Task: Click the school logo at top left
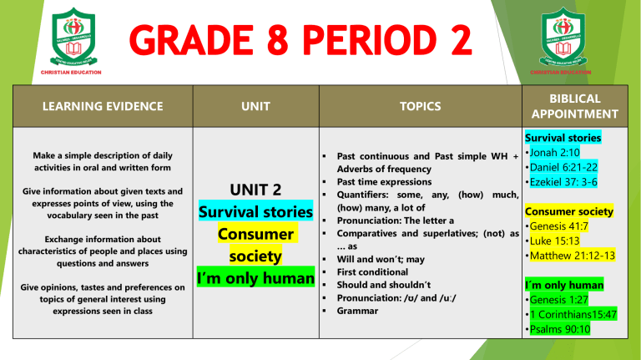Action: click(x=73, y=38)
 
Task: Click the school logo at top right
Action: click(x=568, y=38)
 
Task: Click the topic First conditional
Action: click(x=372, y=272)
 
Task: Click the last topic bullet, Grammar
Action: click(x=358, y=311)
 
